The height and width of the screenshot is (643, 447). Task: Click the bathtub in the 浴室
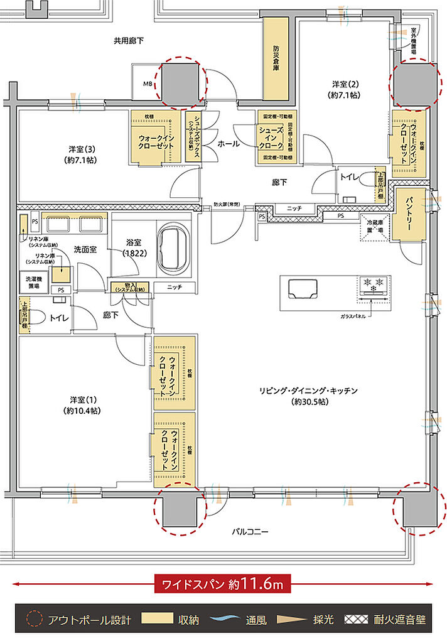[x=175, y=249]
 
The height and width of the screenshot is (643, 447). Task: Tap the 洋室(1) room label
[x=82, y=405]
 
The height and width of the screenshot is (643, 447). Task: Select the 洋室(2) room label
[x=345, y=89]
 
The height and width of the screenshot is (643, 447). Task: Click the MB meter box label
[x=148, y=83]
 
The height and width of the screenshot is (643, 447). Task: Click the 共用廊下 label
[x=129, y=41]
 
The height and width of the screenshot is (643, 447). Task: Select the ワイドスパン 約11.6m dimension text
[x=223, y=584]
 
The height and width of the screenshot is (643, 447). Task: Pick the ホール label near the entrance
[x=228, y=144]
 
